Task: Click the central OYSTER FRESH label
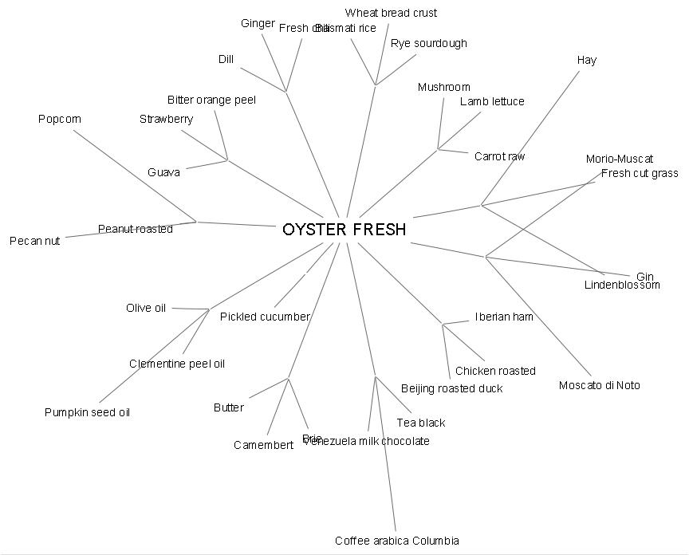(x=344, y=230)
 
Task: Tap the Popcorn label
(x=60, y=120)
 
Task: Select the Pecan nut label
(x=34, y=241)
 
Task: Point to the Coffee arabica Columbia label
(x=396, y=541)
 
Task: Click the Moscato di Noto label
(x=599, y=386)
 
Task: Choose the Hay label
(x=586, y=61)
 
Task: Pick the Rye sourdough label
(x=428, y=43)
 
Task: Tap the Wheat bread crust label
(x=391, y=13)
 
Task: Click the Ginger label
(x=258, y=24)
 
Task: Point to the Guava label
(x=163, y=172)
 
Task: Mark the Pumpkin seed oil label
(x=87, y=413)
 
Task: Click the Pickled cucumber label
(x=264, y=317)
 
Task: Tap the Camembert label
(x=263, y=445)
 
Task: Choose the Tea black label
(x=420, y=423)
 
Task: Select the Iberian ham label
(x=504, y=317)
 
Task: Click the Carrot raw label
(x=499, y=156)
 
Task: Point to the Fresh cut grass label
(x=640, y=173)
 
